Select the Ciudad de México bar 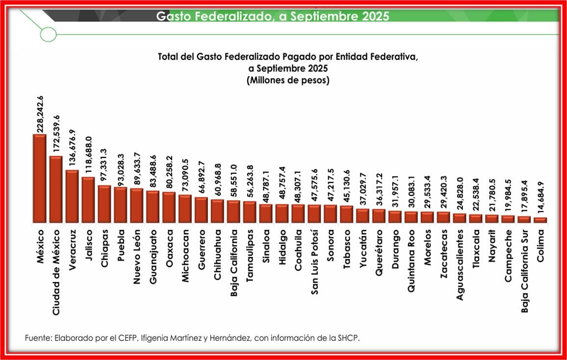56,189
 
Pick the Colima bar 540,220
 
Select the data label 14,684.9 541,198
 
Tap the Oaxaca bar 169,206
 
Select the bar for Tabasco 347,213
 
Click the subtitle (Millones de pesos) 288,80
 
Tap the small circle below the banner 48,34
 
